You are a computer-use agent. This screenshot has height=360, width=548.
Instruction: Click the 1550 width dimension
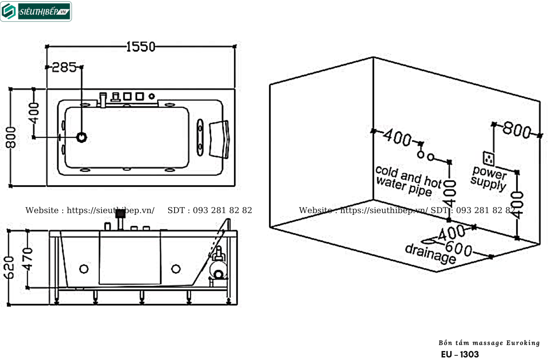(x=141, y=47)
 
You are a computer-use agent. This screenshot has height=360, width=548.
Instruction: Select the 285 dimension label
(x=64, y=67)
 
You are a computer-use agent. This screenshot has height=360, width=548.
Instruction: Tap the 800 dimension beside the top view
(x=11, y=137)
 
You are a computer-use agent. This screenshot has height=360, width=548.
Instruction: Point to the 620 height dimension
(x=9, y=267)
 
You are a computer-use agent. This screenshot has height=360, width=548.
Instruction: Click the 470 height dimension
(x=27, y=259)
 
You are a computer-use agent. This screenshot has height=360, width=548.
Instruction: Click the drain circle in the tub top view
(x=82, y=137)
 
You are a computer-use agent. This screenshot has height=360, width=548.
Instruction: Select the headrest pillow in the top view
(x=219, y=139)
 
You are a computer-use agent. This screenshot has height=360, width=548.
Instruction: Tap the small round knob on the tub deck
(x=152, y=96)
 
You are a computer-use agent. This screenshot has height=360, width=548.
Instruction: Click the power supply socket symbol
(x=489, y=158)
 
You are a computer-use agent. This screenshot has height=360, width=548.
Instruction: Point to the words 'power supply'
(x=489, y=179)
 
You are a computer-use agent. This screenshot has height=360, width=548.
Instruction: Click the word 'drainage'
(x=431, y=254)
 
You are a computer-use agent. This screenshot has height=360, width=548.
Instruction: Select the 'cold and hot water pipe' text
(x=408, y=181)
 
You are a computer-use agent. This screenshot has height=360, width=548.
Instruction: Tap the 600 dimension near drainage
(x=458, y=249)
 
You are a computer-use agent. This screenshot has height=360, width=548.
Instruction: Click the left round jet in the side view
(x=84, y=269)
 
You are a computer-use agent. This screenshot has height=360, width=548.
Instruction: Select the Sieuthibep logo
(x=36, y=12)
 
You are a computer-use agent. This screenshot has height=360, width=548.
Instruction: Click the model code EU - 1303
(x=460, y=354)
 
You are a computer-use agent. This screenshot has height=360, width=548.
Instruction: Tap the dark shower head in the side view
(x=120, y=214)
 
